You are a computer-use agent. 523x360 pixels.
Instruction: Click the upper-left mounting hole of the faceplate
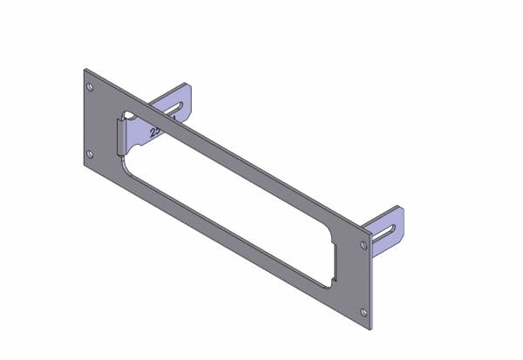tap(91, 87)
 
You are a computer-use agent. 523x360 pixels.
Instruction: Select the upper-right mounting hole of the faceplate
tap(363, 246)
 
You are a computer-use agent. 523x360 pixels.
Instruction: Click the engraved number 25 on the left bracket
tap(156, 132)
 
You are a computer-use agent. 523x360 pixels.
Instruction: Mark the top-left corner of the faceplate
tap(85, 69)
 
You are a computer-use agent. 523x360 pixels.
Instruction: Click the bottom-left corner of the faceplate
tap(85, 167)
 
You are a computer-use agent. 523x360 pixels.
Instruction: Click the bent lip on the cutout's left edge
tap(122, 139)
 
